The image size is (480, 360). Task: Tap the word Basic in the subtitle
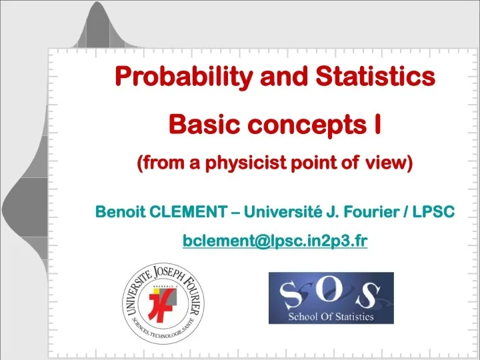(x=198, y=124)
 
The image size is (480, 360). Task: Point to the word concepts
(x=297, y=124)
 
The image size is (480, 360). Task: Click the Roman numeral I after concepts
(x=377, y=123)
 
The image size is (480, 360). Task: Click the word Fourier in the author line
(x=367, y=213)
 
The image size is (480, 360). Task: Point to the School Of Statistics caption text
(x=331, y=317)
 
